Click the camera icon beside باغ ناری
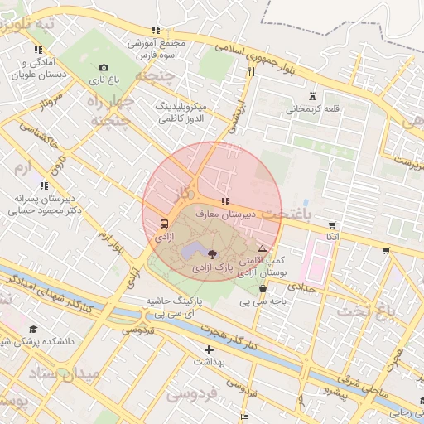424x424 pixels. click(104, 67)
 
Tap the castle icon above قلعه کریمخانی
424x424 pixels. click(311, 96)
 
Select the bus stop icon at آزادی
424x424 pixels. click(163, 224)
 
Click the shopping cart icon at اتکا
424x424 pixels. click(332, 224)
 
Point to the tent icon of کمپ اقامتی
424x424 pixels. click(262, 248)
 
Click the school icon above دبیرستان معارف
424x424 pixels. click(224, 202)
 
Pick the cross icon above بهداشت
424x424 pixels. click(209, 350)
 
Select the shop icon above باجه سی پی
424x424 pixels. click(263, 289)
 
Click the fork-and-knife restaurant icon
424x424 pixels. click(250, 71)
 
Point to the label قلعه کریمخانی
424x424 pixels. click(312, 108)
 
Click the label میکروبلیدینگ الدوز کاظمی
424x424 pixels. click(191, 113)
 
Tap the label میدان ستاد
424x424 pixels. click(67, 373)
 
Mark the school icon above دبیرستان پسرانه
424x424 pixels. click(43, 186)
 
